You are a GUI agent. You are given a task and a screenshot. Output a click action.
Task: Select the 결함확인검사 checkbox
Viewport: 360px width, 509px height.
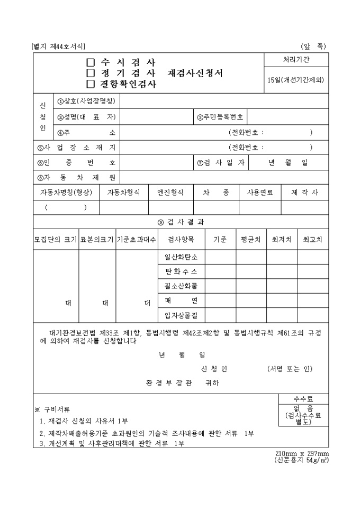[91, 84]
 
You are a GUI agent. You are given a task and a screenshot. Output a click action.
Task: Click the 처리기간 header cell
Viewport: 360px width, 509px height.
[296, 60]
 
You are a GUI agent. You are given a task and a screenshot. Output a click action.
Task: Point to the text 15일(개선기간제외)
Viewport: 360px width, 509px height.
[296, 80]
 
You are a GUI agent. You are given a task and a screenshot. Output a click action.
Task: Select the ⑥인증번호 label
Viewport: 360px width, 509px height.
[76, 162]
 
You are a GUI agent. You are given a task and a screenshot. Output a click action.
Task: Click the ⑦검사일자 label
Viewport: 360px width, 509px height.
[221, 162]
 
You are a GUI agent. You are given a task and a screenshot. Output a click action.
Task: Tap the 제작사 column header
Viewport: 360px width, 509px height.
[305, 193]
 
